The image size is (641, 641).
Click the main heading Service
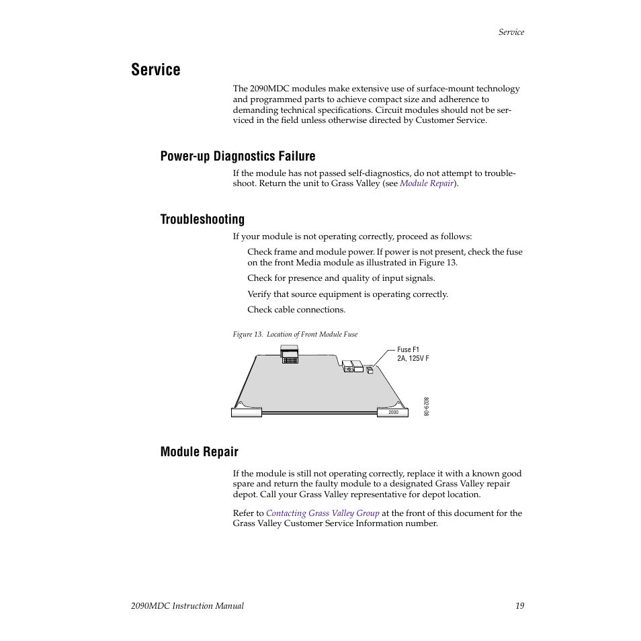[156, 70]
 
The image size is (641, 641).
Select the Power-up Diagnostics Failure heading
[237, 157]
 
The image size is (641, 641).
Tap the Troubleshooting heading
[202, 220]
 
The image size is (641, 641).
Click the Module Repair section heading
[199, 452]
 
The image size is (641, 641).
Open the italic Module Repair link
[427, 183]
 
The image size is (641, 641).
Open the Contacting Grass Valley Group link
[323, 513]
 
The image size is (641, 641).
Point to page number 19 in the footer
[519, 606]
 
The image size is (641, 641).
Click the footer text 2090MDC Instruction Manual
[187, 606]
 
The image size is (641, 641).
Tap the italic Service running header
[511, 32]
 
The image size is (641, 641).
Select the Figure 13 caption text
[295, 335]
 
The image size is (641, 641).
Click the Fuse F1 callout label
[408, 350]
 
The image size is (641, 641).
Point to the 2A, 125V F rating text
[413, 359]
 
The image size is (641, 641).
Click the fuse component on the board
[370, 369]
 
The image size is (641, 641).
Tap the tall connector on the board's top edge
[289, 353]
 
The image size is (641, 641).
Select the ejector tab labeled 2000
[393, 413]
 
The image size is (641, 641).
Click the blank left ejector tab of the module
[246, 413]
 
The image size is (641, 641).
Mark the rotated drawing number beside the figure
[426, 407]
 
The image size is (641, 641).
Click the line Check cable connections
[296, 310]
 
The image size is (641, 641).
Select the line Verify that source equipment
[347, 294]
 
